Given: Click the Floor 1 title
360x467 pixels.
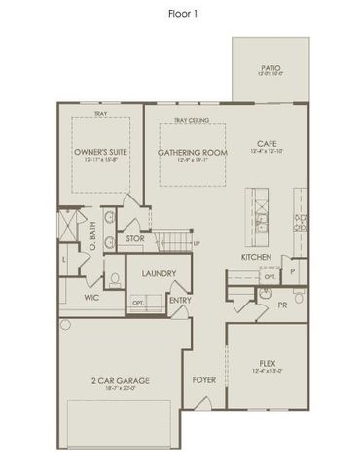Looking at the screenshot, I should pyautogui.click(x=180, y=16).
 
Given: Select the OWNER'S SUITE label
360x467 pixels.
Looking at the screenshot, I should pyautogui.click(x=101, y=153).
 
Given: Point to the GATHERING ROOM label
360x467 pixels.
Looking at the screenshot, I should pyautogui.click(x=192, y=153).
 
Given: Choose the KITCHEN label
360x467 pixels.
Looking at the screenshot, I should pyautogui.click(x=256, y=257).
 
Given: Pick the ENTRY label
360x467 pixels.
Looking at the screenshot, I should pyautogui.click(x=180, y=301).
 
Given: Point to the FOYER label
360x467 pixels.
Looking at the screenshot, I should pyautogui.click(x=203, y=379).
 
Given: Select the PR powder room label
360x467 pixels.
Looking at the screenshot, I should pyautogui.click(x=282, y=305).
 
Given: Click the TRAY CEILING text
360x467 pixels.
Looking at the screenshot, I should pyautogui.click(x=192, y=121).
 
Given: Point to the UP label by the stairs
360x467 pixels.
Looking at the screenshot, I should pyautogui.click(x=196, y=243).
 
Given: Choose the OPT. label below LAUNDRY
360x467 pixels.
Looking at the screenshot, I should pyautogui.click(x=138, y=303).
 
